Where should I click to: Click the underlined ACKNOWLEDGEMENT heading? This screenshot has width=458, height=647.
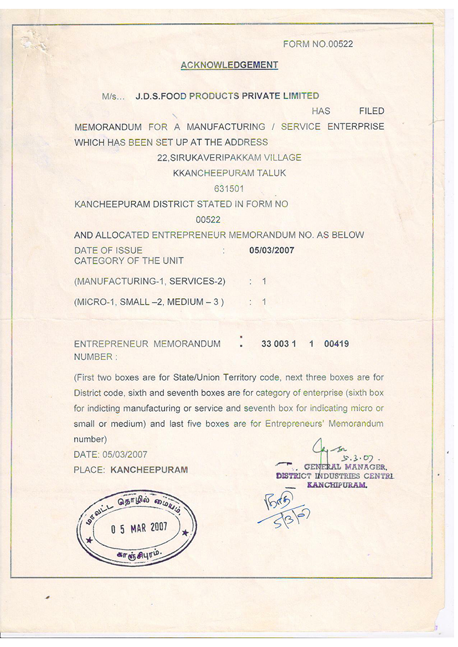click(x=229, y=65)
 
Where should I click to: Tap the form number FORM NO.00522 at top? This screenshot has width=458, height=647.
click(x=318, y=44)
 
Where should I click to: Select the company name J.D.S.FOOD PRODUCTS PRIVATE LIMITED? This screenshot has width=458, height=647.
click(x=227, y=96)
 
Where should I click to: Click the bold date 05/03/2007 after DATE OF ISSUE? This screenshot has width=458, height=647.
click(x=271, y=250)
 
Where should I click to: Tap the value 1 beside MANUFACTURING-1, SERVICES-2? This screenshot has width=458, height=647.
click(x=264, y=282)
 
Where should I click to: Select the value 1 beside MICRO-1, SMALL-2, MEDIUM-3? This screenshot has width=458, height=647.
click(x=264, y=302)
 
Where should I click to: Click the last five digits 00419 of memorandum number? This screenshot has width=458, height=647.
click(x=336, y=344)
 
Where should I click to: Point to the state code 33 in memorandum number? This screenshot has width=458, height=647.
click(x=267, y=344)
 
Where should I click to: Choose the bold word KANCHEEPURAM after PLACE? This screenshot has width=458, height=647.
click(x=149, y=470)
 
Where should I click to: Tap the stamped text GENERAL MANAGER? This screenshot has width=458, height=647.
click(x=348, y=467)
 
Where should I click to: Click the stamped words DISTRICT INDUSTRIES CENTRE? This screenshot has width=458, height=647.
click(x=335, y=475)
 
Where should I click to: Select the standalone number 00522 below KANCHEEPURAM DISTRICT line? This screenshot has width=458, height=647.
click(x=208, y=220)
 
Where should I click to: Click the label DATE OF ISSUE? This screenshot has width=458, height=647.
click(x=108, y=251)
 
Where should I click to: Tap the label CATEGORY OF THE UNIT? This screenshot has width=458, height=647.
click(x=129, y=261)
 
